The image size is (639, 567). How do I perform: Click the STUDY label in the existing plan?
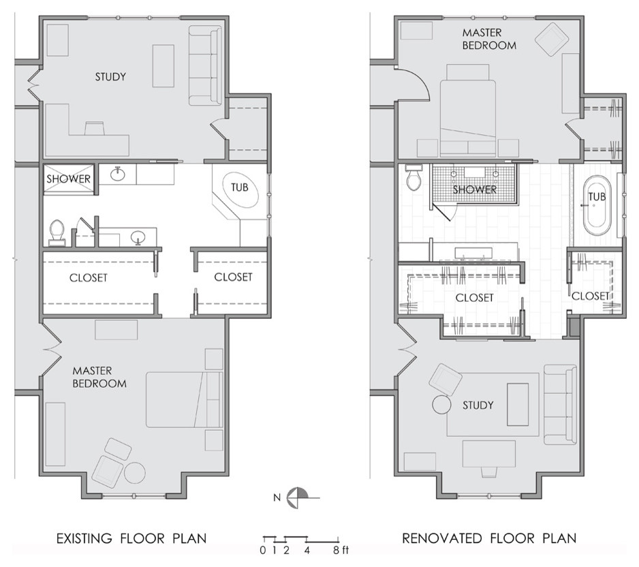[x=110, y=76]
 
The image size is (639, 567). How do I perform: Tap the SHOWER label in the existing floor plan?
[x=68, y=179]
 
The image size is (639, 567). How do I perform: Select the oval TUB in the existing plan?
[x=240, y=188]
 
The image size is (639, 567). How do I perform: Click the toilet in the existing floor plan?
[x=57, y=233]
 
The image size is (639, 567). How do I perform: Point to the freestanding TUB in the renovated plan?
[x=597, y=205]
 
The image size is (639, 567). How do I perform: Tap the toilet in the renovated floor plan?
[x=414, y=177]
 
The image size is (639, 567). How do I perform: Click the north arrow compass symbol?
[x=298, y=497]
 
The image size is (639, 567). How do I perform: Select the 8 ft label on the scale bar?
[x=341, y=550]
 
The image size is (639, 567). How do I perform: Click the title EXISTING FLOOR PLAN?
[x=131, y=538]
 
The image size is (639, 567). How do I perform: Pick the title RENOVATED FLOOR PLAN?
[x=489, y=538]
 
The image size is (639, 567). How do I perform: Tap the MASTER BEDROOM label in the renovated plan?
[x=489, y=39]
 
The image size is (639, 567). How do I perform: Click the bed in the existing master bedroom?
[x=185, y=399]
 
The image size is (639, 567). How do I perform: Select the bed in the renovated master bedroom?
[x=468, y=110]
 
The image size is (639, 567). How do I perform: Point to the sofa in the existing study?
[x=205, y=65]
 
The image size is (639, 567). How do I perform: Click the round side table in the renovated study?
[x=441, y=405]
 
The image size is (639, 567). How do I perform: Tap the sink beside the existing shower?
[x=118, y=174]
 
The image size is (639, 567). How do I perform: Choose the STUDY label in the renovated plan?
[x=478, y=405]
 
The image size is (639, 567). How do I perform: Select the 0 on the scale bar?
[x=263, y=550]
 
